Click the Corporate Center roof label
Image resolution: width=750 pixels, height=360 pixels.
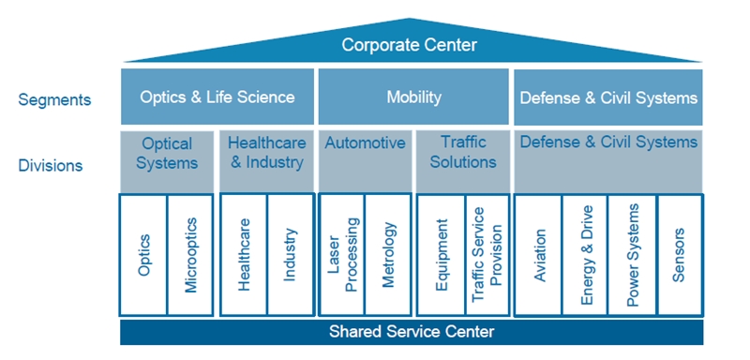pos(409,45)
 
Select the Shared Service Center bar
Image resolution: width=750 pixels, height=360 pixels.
pos(411,332)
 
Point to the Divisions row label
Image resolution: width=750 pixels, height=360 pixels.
pos(51,166)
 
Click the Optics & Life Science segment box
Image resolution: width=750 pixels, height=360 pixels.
pos(217,97)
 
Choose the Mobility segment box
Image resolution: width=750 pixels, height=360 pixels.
pos(413,97)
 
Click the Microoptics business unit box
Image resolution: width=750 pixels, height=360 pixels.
pos(191,255)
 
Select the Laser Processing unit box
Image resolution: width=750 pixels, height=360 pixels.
pos(342,255)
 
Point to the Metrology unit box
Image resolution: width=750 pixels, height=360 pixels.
pos(388,255)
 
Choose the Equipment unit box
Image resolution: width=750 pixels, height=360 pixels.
pos(441,255)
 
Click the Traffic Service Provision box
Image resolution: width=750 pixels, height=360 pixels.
pos(487,255)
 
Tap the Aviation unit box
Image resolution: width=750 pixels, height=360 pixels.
pos(539,255)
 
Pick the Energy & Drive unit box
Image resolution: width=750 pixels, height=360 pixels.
pos(585,255)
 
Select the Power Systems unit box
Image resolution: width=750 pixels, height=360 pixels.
pos(632,255)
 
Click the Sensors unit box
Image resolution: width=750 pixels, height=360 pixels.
pos(679,255)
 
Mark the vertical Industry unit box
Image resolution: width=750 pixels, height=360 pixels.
pos(291,255)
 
